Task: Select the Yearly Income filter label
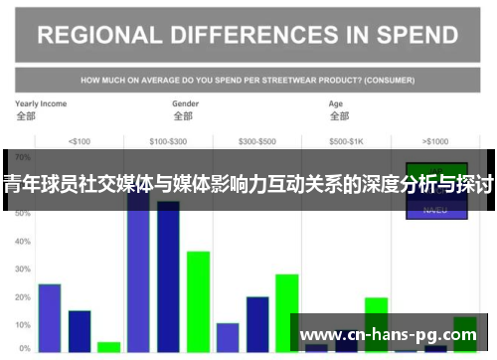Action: (41, 103)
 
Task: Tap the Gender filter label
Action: (186, 103)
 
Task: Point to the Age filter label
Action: (337, 103)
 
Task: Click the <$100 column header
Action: (79, 140)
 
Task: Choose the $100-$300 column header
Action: (167, 140)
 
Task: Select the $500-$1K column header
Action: (347, 140)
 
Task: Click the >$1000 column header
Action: (435, 140)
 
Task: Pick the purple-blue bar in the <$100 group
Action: (50, 317)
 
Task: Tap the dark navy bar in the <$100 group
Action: (80, 331)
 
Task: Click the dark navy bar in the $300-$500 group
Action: (257, 323)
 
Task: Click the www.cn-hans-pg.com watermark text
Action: (388, 334)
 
